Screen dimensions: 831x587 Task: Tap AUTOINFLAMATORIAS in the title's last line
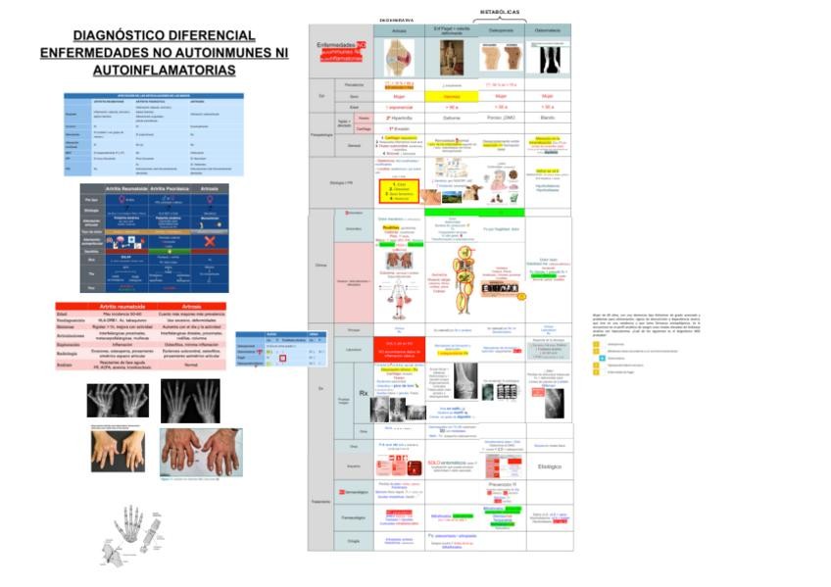coord(164,71)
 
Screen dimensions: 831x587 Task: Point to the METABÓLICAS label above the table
coord(499,12)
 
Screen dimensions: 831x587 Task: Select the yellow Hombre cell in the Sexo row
coord(451,96)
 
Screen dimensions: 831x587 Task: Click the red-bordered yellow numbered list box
coord(399,188)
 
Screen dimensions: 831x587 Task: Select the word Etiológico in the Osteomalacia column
coord(550,466)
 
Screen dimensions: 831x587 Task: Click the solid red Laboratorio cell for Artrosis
coord(399,346)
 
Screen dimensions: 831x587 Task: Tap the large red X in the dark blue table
coord(207,242)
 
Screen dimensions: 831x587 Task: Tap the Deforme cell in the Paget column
coord(452,117)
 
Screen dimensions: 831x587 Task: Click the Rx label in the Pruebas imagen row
coord(364,393)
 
